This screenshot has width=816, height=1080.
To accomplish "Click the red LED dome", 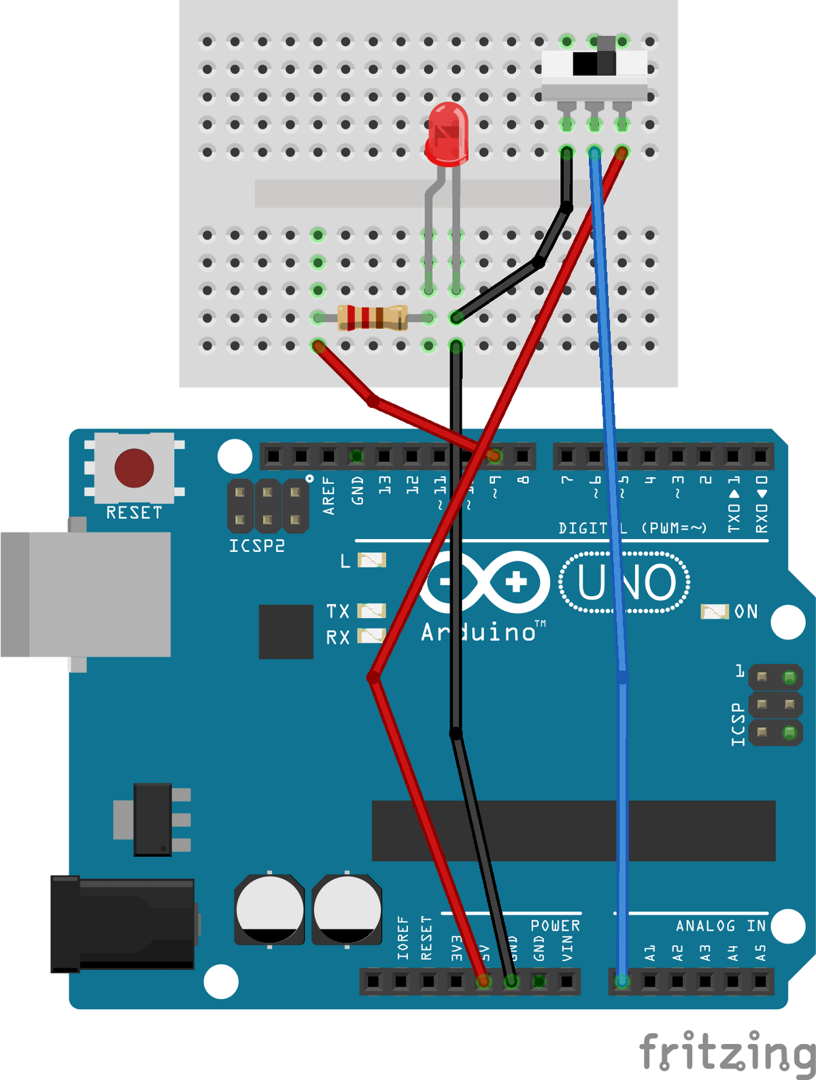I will (447, 133).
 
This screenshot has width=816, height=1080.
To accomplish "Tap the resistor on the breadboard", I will (373, 317).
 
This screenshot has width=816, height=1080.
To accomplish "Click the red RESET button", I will (134, 468).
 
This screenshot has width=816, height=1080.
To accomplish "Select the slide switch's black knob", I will (594, 63).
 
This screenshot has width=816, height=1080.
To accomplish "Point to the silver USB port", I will (86, 594).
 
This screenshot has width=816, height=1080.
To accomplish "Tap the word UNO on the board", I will (625, 582).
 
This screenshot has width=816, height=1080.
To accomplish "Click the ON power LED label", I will (746, 612).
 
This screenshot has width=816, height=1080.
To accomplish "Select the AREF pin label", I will (330, 495).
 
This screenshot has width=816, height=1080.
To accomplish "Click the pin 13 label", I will (385, 485).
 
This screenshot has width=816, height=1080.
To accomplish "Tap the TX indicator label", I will (338, 612).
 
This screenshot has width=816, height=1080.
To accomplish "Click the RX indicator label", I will (338, 638).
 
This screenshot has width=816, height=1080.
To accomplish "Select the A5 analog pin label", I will (760, 953).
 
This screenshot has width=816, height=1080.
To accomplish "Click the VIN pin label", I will (567, 949).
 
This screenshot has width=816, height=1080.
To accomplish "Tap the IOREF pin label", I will (403, 938).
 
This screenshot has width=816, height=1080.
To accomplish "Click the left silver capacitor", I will (269, 909).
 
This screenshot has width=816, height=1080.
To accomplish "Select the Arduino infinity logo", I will (485, 582).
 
